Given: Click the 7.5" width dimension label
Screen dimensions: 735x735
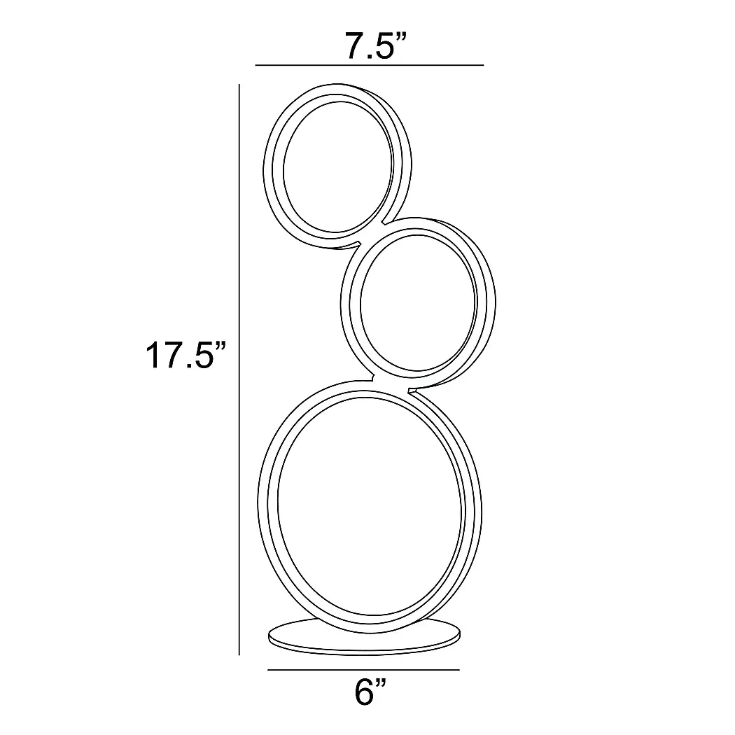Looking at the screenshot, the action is [376, 46].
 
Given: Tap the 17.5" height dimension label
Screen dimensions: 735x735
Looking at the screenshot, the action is [186, 356].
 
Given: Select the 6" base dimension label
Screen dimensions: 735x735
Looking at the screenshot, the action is [370, 692].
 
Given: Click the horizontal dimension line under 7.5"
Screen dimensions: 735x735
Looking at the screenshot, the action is [370, 65].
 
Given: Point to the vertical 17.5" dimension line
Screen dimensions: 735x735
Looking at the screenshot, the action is [239, 370].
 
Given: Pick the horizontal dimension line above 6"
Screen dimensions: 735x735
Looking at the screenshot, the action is [363, 670].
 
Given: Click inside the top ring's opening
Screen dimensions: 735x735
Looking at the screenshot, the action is [337, 167].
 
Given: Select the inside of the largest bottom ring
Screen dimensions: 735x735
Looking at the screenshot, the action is [370, 505].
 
